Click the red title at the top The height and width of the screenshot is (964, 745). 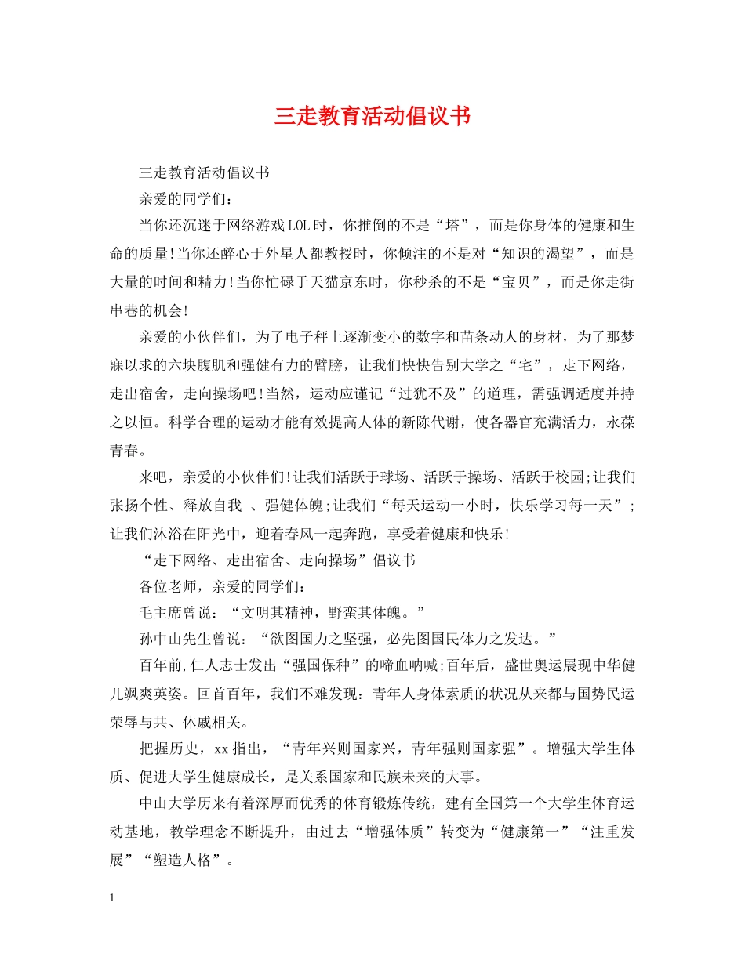coord(372,117)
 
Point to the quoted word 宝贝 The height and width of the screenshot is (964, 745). coord(516,282)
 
